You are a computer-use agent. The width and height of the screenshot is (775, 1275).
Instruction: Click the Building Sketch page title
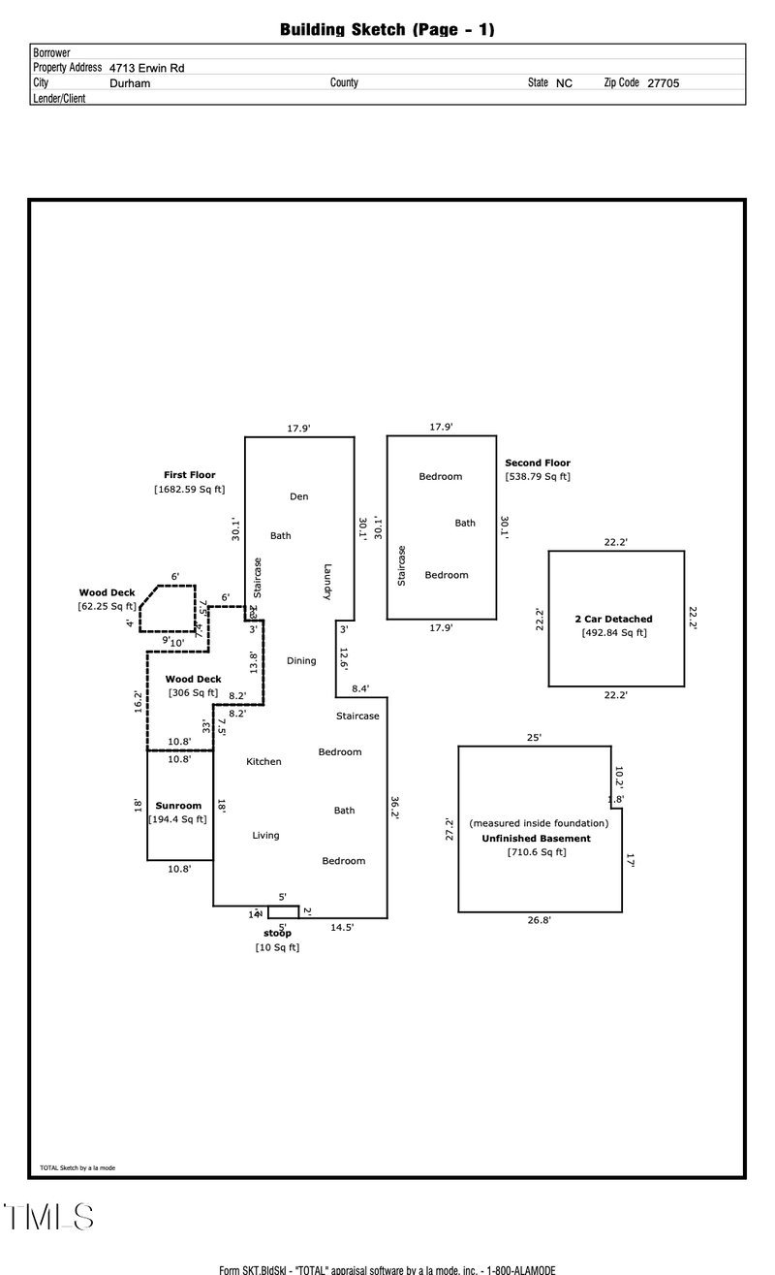(387, 30)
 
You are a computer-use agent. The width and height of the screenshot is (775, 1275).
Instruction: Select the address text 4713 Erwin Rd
(146, 68)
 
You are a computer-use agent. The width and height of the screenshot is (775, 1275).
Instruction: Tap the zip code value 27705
(663, 83)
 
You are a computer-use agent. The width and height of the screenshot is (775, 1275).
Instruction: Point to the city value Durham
(130, 83)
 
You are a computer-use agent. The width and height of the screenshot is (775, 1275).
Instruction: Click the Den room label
(299, 496)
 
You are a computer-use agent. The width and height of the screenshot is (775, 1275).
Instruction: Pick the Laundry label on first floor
(328, 582)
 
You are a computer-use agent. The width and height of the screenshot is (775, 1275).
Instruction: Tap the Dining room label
(301, 661)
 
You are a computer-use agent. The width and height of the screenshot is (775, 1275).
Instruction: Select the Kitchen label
(263, 762)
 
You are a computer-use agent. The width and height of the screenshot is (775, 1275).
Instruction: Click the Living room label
(265, 836)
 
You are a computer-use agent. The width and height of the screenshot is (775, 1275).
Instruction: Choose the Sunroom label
(178, 806)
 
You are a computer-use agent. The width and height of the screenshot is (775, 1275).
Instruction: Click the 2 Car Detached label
(614, 619)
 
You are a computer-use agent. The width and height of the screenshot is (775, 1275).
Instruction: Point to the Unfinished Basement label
(536, 839)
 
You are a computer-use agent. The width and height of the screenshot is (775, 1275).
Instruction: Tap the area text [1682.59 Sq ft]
(190, 490)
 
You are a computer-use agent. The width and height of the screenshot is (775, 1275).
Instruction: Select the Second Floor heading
(538, 463)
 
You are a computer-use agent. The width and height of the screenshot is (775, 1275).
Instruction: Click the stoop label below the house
(277, 933)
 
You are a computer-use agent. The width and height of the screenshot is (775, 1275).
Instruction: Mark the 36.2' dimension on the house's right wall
(394, 808)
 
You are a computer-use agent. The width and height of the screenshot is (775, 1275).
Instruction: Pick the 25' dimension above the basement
(534, 737)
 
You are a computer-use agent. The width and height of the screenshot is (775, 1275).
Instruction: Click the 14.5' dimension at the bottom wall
(342, 928)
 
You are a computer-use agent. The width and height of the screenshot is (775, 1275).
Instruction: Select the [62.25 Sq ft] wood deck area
(107, 606)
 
